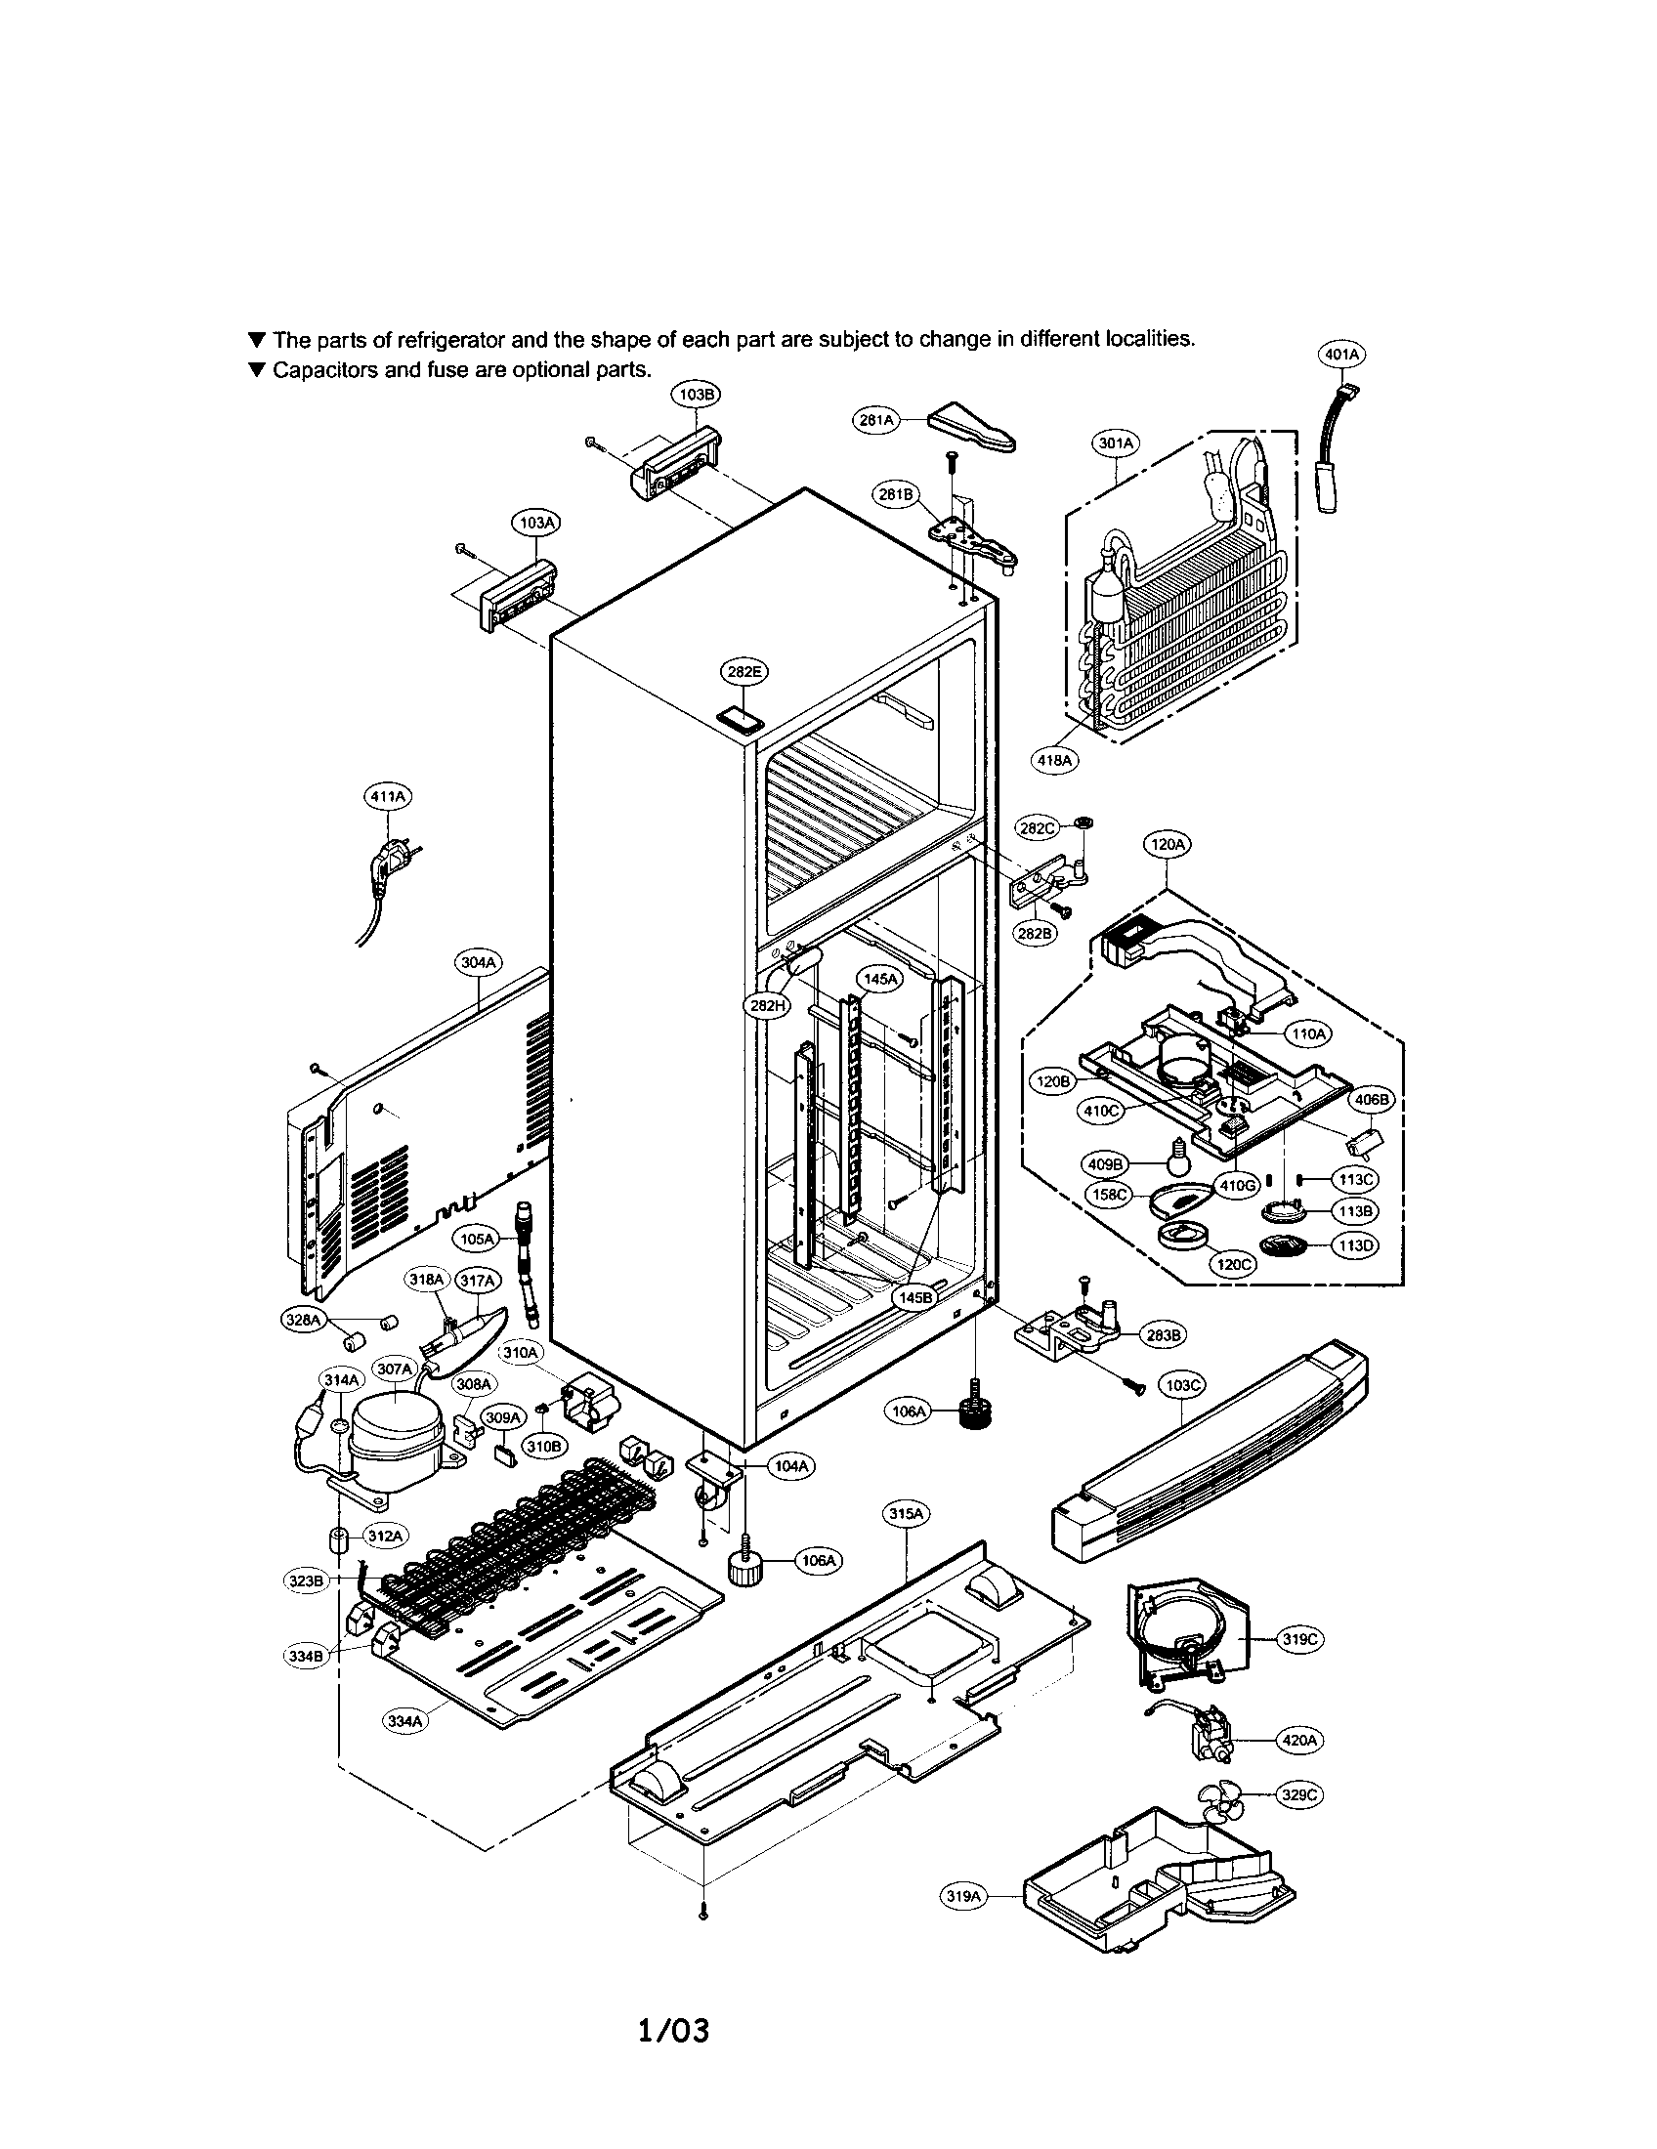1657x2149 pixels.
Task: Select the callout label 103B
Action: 696,394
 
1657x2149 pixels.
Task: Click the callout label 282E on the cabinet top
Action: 744,672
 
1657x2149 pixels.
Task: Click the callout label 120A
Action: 1168,844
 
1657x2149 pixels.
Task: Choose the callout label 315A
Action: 906,1514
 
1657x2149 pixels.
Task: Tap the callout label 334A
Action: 405,1721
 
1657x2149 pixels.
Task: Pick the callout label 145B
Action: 915,1298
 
